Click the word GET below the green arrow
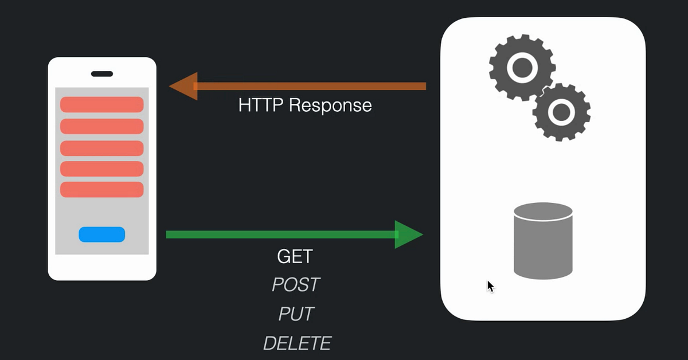click(295, 257)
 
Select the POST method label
click(295, 284)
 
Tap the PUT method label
click(296, 314)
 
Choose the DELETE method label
click(297, 343)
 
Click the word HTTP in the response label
click(261, 105)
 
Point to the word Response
click(330, 106)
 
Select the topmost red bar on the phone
click(101, 105)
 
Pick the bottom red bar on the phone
click(101, 190)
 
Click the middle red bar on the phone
click(101, 148)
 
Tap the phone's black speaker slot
click(102, 74)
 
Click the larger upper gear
click(521, 67)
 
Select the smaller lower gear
click(561, 112)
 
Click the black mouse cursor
click(490, 286)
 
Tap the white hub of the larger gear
click(521, 67)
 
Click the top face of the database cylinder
click(543, 212)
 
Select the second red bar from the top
click(101, 126)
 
